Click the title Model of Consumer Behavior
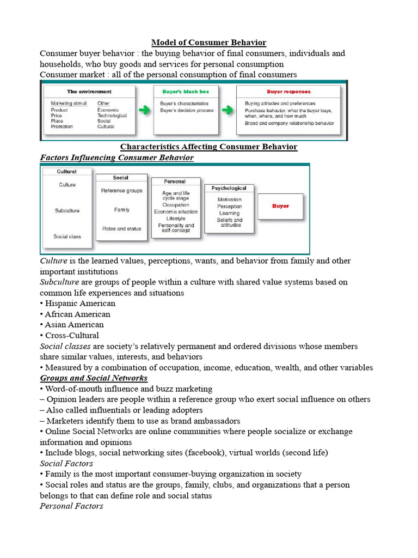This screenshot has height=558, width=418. pyautogui.click(x=208, y=43)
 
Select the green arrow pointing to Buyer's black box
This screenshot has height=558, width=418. pyautogui.click(x=144, y=111)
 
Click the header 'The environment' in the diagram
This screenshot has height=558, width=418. pyautogui.click(x=89, y=92)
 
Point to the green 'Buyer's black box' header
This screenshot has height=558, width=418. pyautogui.click(x=186, y=92)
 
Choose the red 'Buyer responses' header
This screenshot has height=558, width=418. pyautogui.click(x=288, y=92)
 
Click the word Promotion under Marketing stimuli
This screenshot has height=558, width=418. pyautogui.click(x=62, y=126)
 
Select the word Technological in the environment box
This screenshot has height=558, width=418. pyautogui.click(x=112, y=116)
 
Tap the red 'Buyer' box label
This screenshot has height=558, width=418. pyautogui.click(x=280, y=206)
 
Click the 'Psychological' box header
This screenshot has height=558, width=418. pyautogui.click(x=229, y=188)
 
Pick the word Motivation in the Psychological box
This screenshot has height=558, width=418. pyautogui.click(x=229, y=199)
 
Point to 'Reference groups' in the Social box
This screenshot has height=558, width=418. pyautogui.click(x=121, y=191)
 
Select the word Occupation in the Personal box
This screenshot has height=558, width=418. pyautogui.click(x=175, y=205)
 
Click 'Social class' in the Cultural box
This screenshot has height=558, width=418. pyautogui.click(x=67, y=236)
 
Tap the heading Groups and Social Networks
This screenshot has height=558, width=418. pyautogui.click(x=94, y=378)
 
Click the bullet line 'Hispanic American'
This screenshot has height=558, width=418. pyautogui.click(x=78, y=304)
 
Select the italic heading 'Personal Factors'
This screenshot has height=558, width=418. pyautogui.click(x=71, y=506)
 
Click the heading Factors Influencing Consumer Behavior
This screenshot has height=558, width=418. pyautogui.click(x=117, y=157)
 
